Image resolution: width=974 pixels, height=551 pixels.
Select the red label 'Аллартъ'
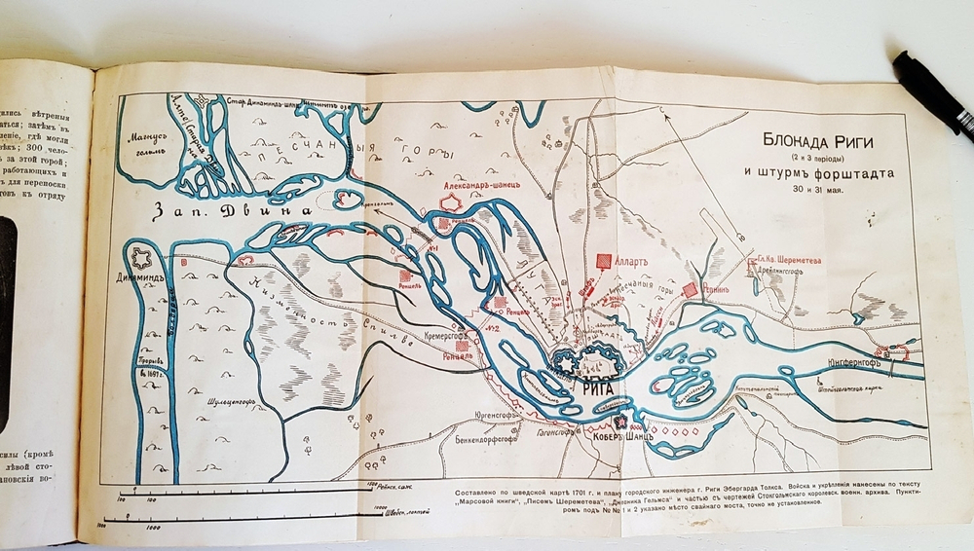635,263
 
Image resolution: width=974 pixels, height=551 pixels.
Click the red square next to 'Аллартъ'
604,262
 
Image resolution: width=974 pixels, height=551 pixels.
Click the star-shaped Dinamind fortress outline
143,260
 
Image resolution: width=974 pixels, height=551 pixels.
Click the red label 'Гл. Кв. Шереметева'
788,261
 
